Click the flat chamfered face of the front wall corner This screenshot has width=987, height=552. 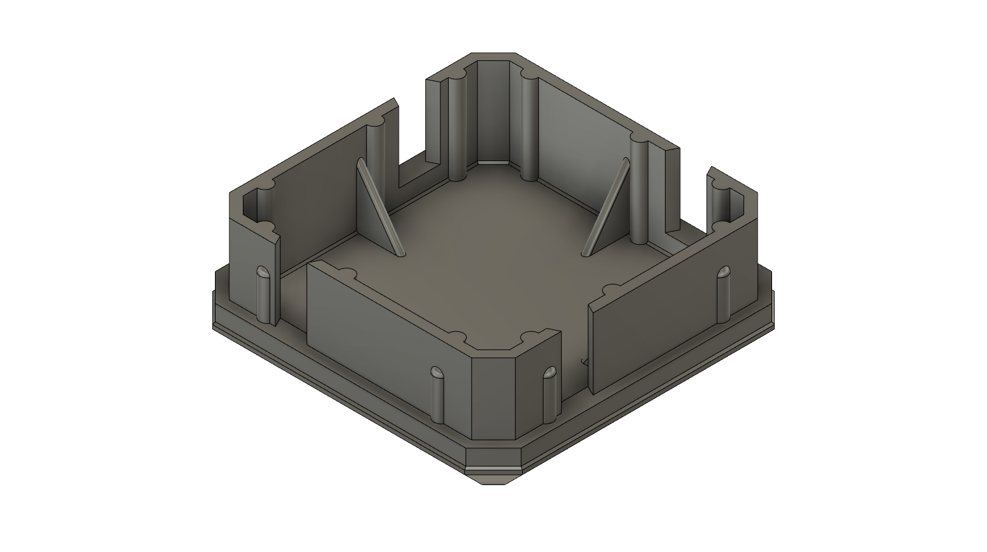point(493,396)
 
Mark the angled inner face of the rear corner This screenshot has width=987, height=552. point(493,114)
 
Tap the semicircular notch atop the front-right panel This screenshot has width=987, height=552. point(611,288)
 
